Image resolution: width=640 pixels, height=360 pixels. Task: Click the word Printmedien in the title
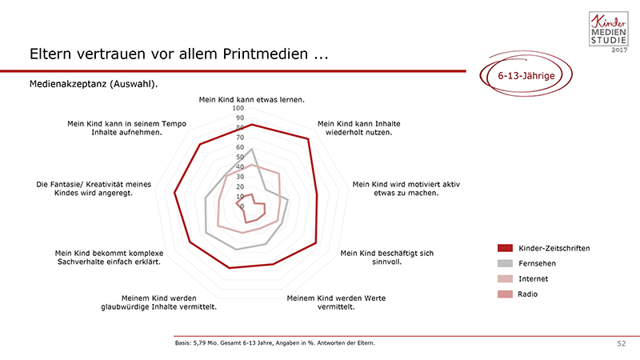pos(266,54)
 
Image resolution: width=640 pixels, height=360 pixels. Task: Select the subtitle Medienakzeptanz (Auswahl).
pos(94,84)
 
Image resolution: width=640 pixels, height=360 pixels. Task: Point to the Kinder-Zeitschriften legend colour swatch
pos(505,248)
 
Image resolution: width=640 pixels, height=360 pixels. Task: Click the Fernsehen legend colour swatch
pos(505,263)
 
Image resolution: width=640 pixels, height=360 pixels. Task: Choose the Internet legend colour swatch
pos(505,278)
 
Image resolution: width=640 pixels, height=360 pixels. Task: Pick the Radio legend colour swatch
pos(505,294)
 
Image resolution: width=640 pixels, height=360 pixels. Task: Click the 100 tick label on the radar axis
pos(238,108)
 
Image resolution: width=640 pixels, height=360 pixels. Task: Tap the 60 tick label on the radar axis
pos(240,147)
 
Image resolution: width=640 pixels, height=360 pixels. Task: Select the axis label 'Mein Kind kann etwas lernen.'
pos(251,99)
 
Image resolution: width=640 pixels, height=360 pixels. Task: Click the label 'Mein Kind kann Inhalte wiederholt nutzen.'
pos(358,128)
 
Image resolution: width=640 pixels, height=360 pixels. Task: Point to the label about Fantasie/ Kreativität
pos(94,189)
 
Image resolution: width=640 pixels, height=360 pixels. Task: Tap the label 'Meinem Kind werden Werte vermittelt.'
pos(336,302)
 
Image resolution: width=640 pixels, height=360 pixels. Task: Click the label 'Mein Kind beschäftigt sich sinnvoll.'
pos(387,258)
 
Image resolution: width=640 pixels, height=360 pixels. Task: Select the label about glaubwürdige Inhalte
pos(158,302)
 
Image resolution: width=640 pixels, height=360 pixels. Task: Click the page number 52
pos(622,344)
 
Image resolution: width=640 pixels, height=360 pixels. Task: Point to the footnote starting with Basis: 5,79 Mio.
pos(274,343)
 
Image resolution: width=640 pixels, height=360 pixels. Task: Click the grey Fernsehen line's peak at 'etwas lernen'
pos(252,149)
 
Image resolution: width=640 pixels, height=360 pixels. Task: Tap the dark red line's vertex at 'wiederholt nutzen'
pos(308,139)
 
